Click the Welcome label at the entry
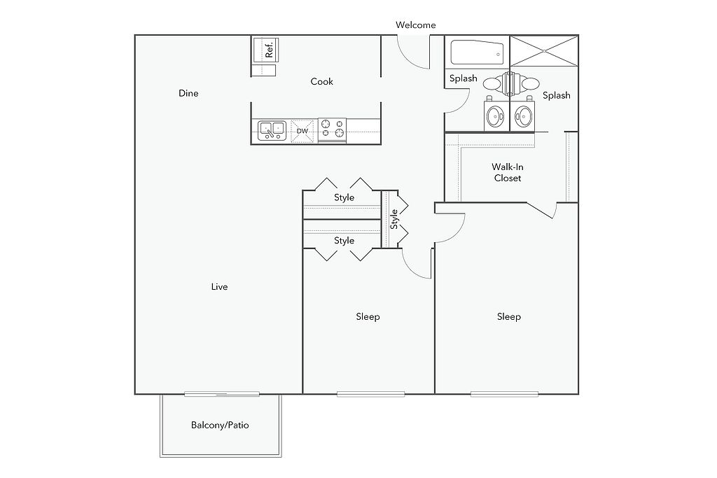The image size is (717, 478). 415,25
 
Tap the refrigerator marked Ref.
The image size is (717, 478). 265,50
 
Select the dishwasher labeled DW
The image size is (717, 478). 302,131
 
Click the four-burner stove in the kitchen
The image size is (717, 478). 332,129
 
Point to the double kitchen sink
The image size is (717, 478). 272,130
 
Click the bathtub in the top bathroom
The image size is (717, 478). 477,53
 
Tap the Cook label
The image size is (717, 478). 321,82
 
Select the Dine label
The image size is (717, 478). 188,93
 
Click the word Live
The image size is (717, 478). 219,286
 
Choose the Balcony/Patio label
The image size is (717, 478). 220,425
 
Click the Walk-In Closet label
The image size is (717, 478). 508,172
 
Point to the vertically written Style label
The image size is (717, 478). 394,219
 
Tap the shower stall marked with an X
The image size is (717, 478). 544,50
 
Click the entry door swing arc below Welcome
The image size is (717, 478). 408,62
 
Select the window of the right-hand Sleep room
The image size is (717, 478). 504,394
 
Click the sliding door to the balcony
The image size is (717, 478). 222,394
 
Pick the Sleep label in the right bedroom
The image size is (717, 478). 509,317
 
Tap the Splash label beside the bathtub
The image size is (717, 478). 464,78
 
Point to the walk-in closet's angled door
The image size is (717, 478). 540,210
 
